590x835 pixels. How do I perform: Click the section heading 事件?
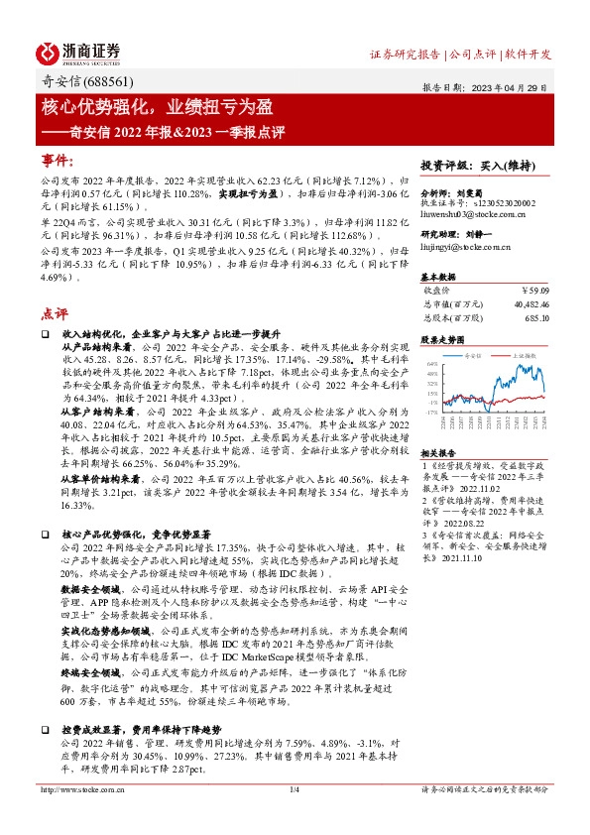[x=58, y=161]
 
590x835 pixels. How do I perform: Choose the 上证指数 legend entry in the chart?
[x=523, y=354]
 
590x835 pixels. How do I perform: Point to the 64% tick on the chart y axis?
[x=432, y=364]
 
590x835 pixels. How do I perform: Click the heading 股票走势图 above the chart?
[x=441, y=339]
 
